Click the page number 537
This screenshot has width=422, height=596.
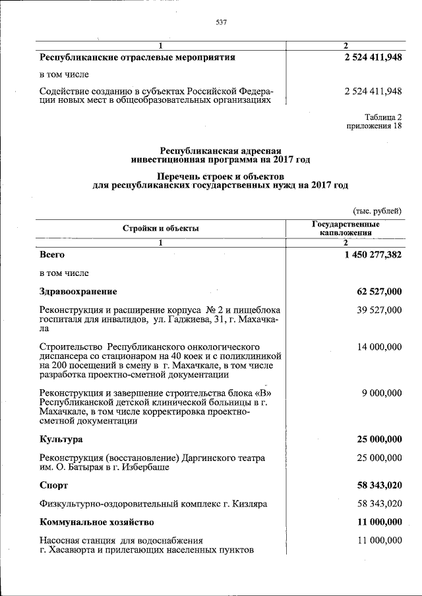tap(222, 23)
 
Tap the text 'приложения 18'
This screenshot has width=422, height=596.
tap(374, 126)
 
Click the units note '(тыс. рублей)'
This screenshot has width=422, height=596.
tap(377, 211)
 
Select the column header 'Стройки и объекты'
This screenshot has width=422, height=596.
tap(160, 229)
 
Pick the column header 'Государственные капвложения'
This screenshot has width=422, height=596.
tap(346, 228)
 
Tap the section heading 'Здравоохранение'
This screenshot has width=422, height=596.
tap(78, 291)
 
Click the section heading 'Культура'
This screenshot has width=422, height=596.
tap(61, 439)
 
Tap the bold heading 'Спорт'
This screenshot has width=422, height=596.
tap(53, 485)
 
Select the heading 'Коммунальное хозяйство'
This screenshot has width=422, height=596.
tap(96, 522)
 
